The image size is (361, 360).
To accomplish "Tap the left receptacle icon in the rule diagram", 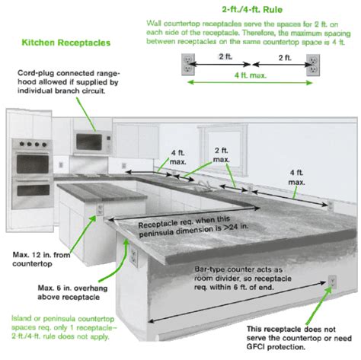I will coord(186,65).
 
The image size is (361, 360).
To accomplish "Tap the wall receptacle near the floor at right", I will coord(331,284).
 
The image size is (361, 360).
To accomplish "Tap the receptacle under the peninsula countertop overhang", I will coord(133,253).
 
